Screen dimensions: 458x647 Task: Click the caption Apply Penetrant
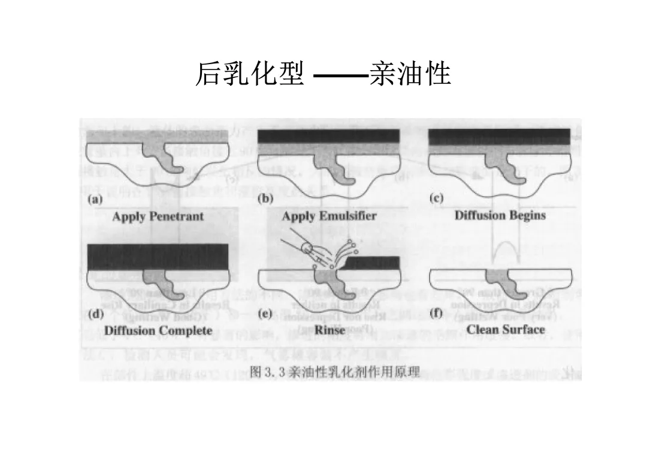(x=158, y=216)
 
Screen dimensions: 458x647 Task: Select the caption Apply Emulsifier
(x=329, y=216)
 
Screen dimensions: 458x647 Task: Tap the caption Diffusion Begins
(x=500, y=215)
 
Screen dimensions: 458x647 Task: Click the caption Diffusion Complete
(x=158, y=330)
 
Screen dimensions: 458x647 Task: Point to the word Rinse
(x=329, y=330)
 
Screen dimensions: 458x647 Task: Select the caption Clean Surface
(x=506, y=330)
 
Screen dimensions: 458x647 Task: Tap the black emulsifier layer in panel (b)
(x=328, y=136)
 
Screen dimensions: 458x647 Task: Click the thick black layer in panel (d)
(x=158, y=257)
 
